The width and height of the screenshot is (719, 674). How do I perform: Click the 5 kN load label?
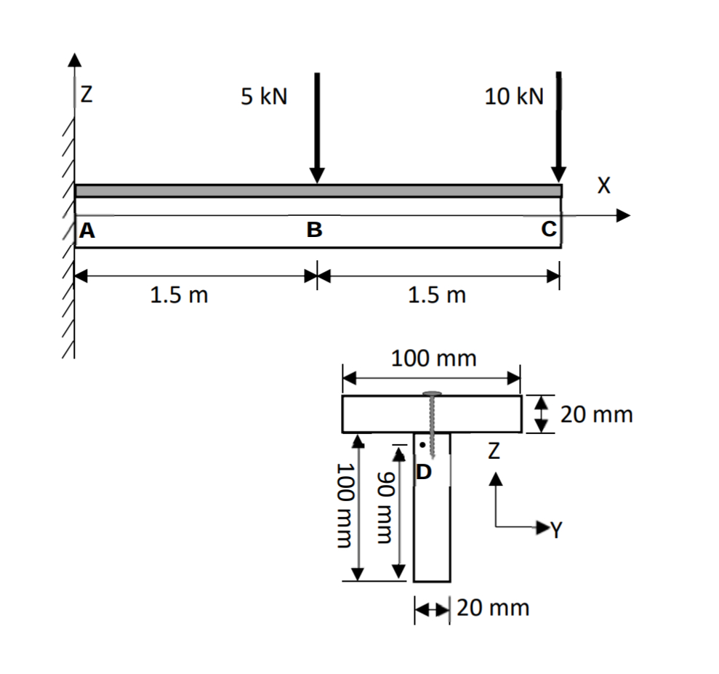[x=264, y=97]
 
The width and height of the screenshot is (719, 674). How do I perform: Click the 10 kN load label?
[x=514, y=97]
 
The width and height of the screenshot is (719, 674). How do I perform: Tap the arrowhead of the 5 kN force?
[x=317, y=176]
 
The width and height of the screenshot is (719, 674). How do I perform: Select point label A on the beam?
[x=87, y=231]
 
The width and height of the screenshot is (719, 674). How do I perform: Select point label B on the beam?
[x=314, y=231]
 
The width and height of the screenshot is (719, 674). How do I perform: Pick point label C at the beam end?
[x=548, y=230]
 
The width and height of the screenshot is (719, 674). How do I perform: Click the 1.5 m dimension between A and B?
[x=178, y=296]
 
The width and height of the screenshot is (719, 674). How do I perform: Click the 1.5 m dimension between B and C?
[x=437, y=296]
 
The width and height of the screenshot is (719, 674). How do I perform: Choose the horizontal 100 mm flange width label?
[x=433, y=358]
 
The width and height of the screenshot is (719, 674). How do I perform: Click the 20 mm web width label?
[x=493, y=607]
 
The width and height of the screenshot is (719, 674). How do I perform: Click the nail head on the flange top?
[x=433, y=393]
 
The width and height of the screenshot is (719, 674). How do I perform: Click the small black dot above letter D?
[x=421, y=446]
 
